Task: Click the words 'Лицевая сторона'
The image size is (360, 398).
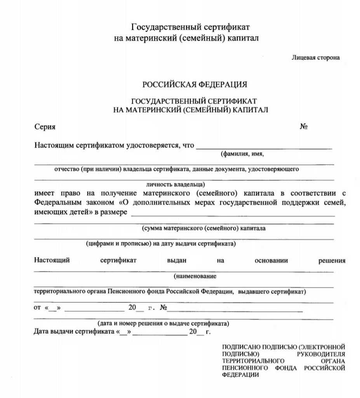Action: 315,58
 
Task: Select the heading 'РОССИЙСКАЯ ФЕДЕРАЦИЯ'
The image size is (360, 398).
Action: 195,85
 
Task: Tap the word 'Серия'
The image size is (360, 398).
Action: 45,127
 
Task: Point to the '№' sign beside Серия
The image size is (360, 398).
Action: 304,127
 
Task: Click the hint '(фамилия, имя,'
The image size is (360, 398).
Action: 242,154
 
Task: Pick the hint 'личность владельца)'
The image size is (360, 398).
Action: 176,184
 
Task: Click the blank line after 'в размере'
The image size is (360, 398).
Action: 233,215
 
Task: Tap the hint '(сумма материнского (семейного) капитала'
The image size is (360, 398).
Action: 204,228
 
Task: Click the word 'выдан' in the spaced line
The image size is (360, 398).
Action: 177,261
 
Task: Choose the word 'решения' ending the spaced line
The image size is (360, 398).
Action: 332,261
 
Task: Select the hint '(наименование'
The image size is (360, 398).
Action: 195,276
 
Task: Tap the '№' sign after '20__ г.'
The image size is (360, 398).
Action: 163,308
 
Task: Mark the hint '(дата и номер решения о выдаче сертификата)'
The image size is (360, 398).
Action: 163,323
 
